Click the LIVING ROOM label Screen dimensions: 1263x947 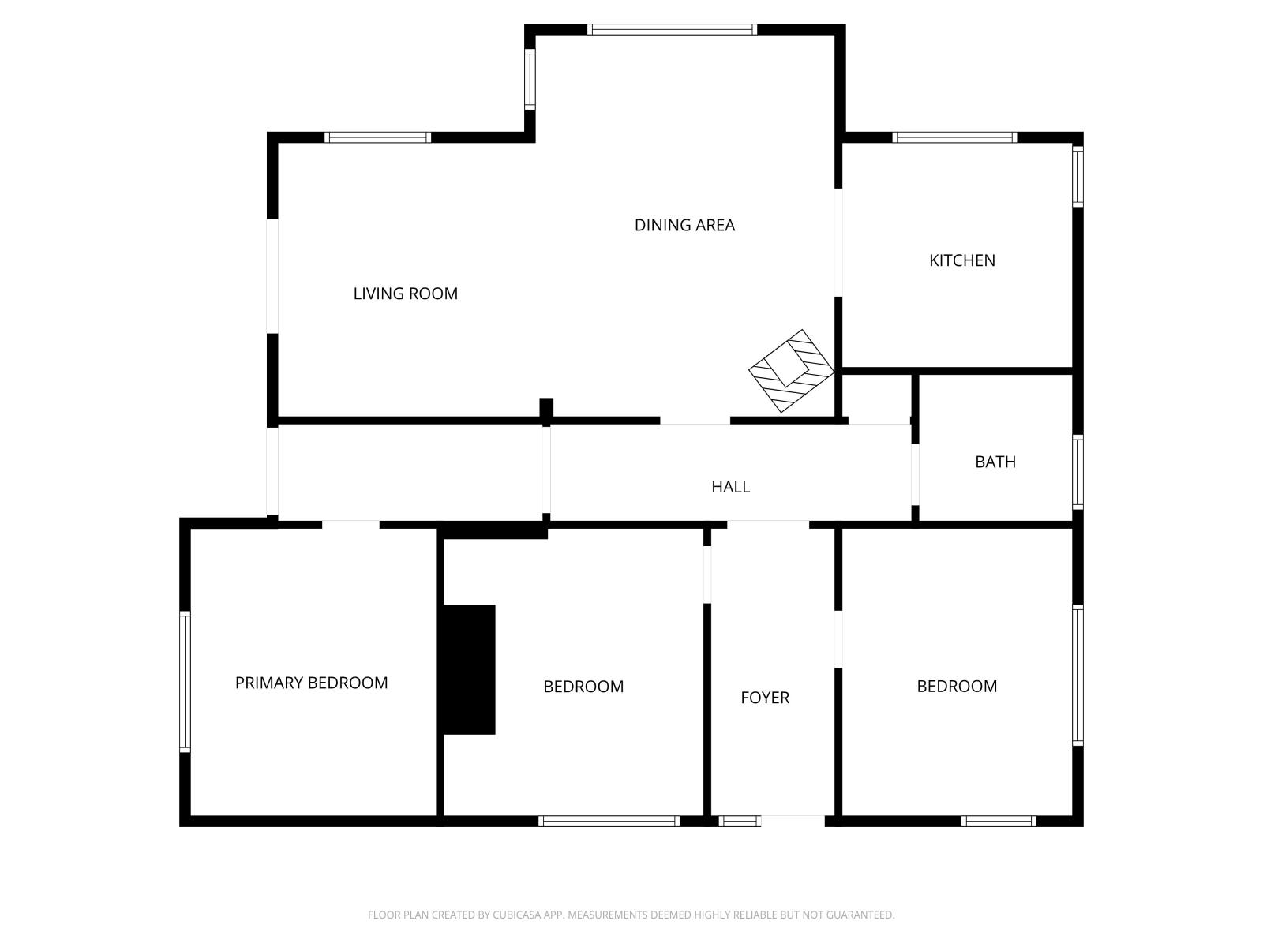click(405, 294)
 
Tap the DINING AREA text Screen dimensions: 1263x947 click(684, 225)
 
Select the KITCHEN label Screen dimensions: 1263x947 click(961, 260)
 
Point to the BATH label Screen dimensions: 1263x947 click(995, 462)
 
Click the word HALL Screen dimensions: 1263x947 click(730, 487)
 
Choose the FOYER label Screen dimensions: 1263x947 click(765, 698)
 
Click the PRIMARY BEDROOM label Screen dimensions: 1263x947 click(311, 683)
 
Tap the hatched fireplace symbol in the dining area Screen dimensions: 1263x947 click(791, 371)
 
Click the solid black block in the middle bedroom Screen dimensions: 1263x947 click(469, 669)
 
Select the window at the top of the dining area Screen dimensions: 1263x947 click(672, 29)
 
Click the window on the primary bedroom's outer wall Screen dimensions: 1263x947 click(185, 682)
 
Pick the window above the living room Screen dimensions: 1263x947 click(377, 137)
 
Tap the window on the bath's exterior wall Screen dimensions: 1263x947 click(1077, 472)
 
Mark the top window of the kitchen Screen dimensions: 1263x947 click(954, 137)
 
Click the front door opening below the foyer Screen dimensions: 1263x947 click(793, 821)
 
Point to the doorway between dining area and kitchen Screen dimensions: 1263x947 click(838, 242)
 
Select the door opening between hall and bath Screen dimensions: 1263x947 click(915, 474)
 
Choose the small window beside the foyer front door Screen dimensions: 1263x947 click(740, 821)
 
